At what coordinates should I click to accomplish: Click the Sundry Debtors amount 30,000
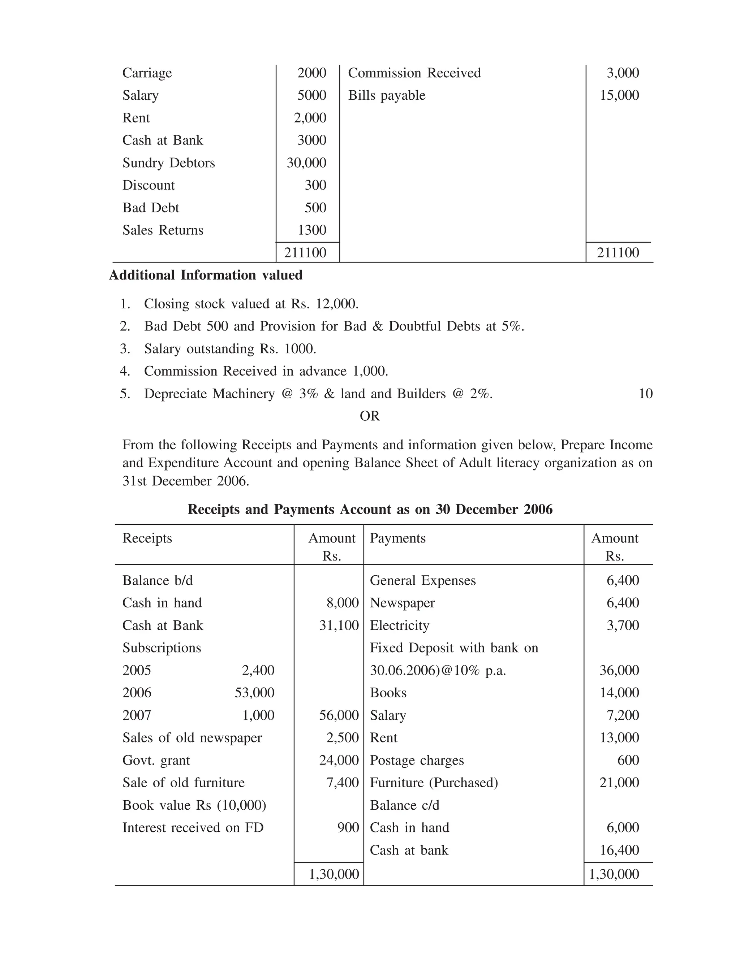(x=306, y=163)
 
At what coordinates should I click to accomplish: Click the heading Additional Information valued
(x=206, y=275)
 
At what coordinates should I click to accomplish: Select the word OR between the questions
(x=370, y=416)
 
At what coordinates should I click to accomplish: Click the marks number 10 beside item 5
(x=645, y=394)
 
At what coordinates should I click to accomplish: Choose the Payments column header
(x=397, y=538)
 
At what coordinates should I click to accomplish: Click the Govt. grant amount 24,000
(x=339, y=760)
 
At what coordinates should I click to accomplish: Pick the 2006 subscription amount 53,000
(x=254, y=693)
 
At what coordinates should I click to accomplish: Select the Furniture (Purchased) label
(x=434, y=783)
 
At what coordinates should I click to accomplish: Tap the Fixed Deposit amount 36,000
(x=619, y=670)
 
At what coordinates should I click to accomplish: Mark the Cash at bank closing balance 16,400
(x=619, y=850)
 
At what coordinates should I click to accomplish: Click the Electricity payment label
(x=399, y=625)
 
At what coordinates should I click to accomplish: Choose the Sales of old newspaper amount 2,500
(x=343, y=737)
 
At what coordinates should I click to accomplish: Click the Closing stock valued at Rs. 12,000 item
(x=251, y=304)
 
